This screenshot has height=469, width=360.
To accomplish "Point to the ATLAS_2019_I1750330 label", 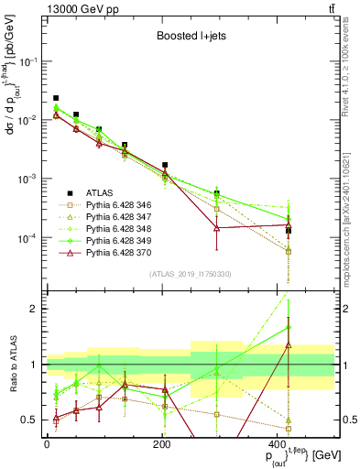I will tap(191, 273).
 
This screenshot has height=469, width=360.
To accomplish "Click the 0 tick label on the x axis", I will tap(47, 443).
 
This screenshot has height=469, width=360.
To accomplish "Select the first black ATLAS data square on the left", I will tap(56, 98).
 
